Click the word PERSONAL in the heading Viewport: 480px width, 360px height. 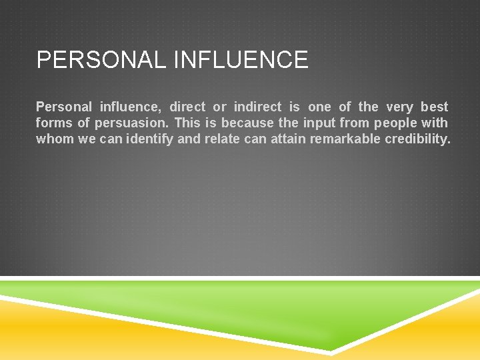click(101, 60)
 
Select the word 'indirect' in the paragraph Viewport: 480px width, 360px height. click(257, 107)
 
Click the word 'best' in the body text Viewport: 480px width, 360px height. click(434, 107)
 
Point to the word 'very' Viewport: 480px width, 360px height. click(399, 107)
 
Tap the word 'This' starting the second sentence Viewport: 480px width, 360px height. click(187, 123)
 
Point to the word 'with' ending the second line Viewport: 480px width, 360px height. click(435, 123)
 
